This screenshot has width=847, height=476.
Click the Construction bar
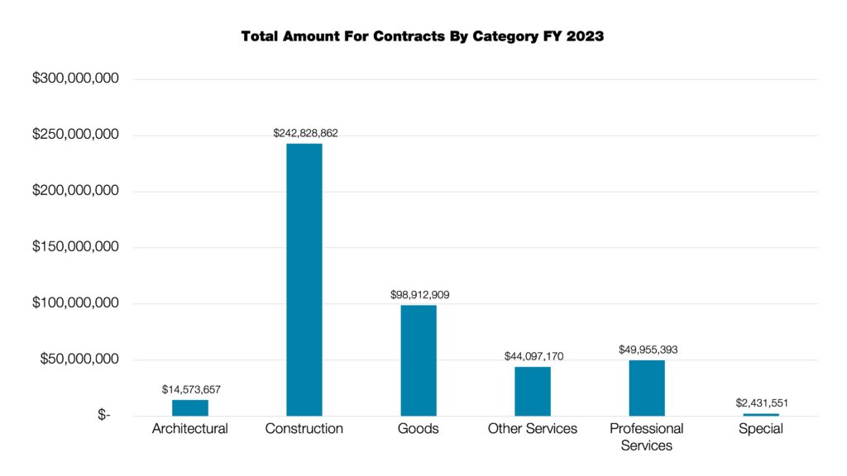pos(304,279)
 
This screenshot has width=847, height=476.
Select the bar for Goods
pos(418,360)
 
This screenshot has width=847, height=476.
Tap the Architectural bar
pos(189,407)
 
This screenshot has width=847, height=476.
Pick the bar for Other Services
pos(532,391)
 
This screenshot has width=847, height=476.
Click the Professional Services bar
pos(646,388)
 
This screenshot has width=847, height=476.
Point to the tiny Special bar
pos(760,414)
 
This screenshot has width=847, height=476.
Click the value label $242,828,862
pos(305,132)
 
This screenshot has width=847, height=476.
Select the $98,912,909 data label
pos(419,294)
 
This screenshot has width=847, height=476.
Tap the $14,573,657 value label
pos(190,389)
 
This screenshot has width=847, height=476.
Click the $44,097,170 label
pos(534,356)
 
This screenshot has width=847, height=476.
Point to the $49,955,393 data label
pos(648,350)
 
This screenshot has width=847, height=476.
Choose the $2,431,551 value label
pos(761,402)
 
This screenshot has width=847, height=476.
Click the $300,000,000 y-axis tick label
pos(75,79)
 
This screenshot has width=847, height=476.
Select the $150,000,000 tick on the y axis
pos(75,247)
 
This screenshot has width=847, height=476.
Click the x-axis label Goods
pos(418,429)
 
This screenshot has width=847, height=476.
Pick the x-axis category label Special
pos(760,429)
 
